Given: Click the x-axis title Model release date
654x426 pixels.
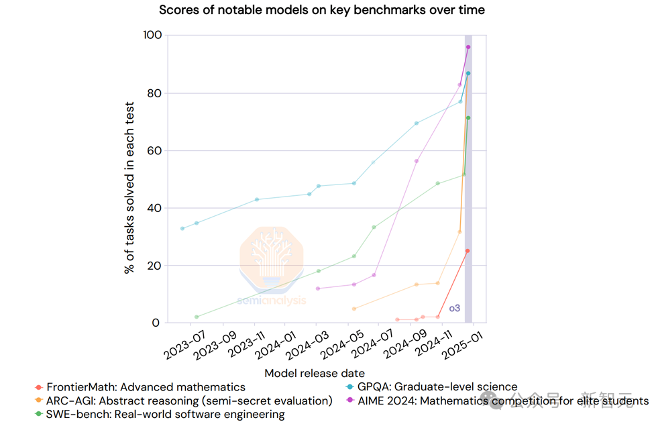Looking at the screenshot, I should (315, 373).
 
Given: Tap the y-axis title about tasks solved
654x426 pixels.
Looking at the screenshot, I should (129, 188).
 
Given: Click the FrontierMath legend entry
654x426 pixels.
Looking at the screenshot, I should (145, 387).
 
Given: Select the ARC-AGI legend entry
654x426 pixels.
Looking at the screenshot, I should (188, 401).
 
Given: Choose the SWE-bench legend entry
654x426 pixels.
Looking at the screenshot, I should (165, 415).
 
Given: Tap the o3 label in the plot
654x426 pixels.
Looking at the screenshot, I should (455, 309).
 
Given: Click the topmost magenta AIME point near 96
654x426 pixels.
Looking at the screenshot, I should (468, 47).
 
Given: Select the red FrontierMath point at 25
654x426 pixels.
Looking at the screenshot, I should (468, 251).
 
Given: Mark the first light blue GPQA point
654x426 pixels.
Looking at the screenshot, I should (182, 228).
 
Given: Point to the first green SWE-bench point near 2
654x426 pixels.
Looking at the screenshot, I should (197, 317).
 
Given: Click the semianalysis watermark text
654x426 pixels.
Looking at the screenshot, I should (272, 301).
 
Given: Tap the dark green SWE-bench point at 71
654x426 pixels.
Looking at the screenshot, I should (468, 118).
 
